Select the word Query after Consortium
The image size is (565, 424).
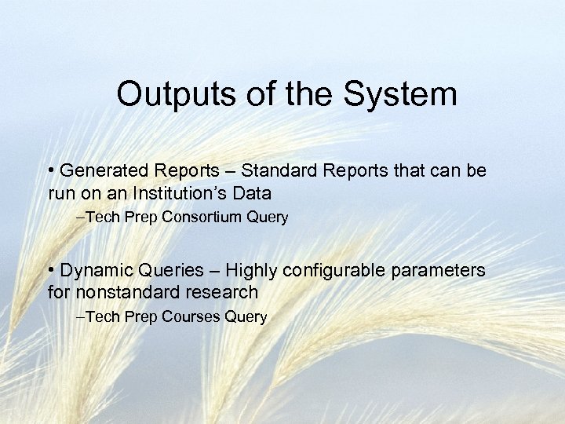pos(269,217)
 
